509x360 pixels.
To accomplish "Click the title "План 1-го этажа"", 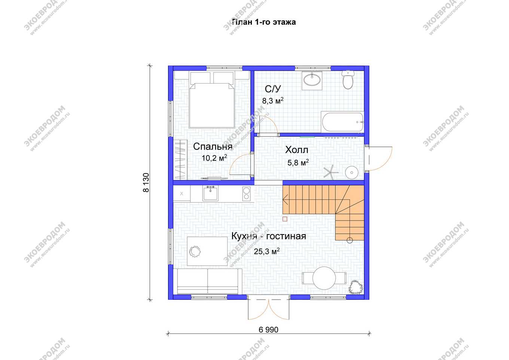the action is coord(264,22).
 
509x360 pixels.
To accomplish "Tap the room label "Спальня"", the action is coord(213,147).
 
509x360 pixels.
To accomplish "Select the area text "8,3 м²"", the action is coord(273,100).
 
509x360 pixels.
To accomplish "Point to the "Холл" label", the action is coord(296,150).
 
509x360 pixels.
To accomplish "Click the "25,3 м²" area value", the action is coord(266,251).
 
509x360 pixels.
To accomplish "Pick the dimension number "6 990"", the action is coord(268,330).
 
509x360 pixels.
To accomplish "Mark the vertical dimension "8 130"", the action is coord(146,182).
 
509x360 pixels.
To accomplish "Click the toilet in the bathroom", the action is coord(348,79).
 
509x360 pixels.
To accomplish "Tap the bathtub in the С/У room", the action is coord(342,122).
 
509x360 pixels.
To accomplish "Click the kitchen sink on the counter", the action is coord(210,193).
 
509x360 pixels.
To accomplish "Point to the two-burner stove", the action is coord(246,194).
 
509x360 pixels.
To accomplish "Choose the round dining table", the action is coord(324,278).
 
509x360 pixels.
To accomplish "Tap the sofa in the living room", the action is coord(207,282).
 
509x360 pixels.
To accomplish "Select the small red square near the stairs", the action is coord(285,219).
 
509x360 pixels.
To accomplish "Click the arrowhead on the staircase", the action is coord(286,200).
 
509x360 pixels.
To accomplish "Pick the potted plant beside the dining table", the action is coord(356,287).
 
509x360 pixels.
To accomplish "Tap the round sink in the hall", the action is coord(352,173).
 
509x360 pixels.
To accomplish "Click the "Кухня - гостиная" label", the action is coord(269,236).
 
